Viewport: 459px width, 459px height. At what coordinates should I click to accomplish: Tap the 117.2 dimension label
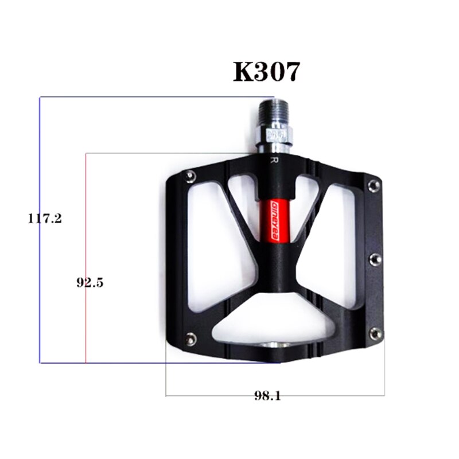click(x=45, y=218)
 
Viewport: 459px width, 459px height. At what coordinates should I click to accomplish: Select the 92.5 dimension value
click(x=90, y=282)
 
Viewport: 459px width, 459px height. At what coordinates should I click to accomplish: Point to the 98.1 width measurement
click(x=267, y=396)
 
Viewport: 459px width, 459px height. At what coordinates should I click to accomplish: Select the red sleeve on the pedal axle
click(x=278, y=221)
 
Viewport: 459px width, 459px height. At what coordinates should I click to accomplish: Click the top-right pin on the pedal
click(x=374, y=184)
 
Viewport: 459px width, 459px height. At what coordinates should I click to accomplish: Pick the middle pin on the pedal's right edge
click(x=375, y=258)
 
